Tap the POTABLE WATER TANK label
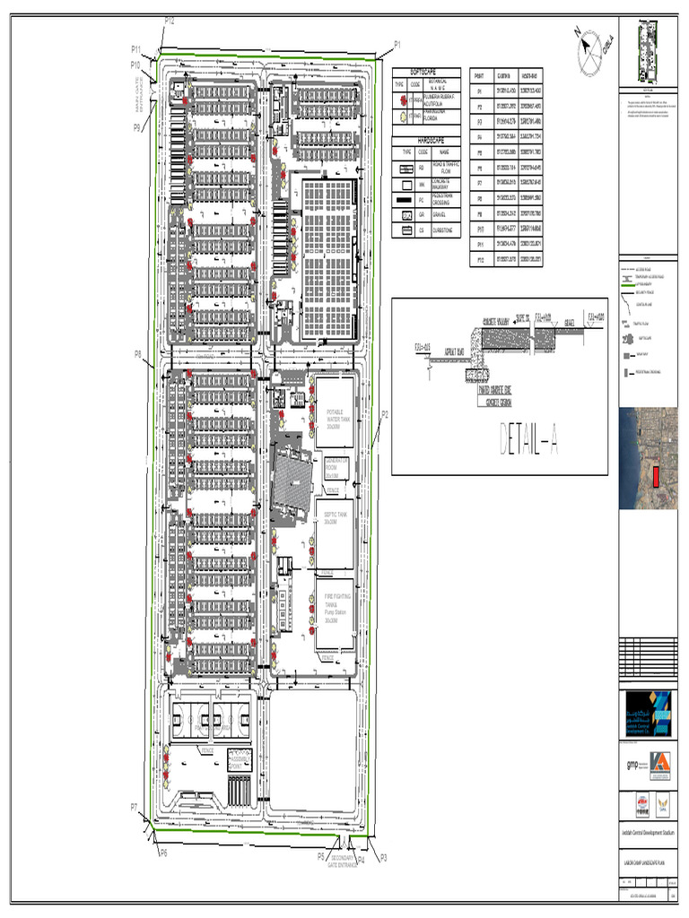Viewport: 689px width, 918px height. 334,413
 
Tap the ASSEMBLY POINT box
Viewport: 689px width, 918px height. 240,758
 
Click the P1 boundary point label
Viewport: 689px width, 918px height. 397,44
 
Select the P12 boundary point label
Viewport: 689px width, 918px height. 169,21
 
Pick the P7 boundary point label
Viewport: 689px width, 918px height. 134,807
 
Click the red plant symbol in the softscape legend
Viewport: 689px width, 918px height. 400,100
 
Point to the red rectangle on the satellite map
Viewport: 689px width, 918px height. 655,477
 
